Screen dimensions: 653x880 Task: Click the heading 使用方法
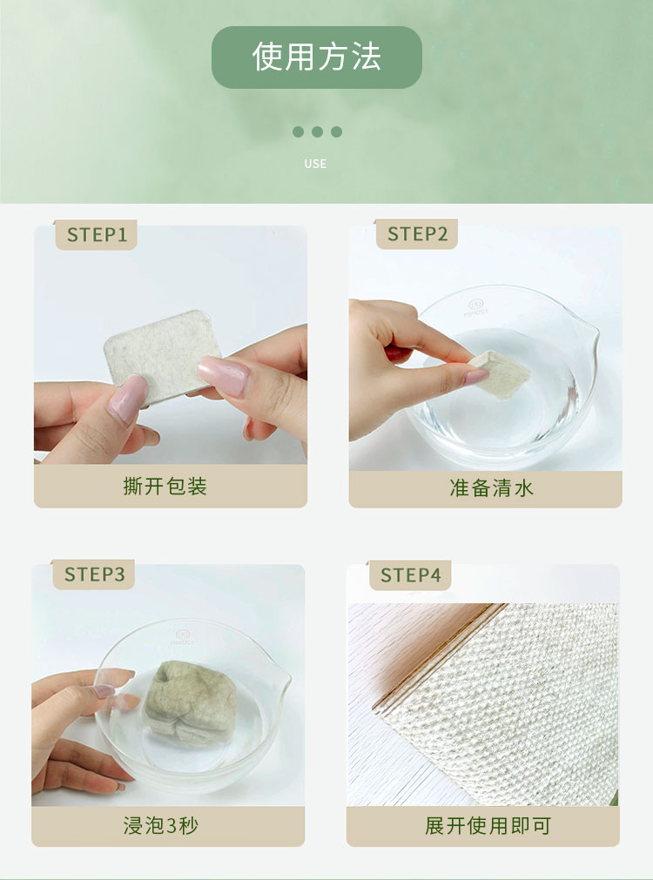[317, 57]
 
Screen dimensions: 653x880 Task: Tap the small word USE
[315, 164]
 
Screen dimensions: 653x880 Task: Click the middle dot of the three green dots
[317, 132]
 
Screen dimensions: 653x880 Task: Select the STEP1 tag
[96, 235]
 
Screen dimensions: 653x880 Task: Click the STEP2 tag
[417, 234]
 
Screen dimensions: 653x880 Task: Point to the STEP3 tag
[94, 574]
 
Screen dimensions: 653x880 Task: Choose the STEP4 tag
[410, 575]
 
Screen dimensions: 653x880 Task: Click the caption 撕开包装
[165, 486]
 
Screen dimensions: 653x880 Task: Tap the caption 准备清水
[491, 487]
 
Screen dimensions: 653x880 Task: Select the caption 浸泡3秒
[160, 825]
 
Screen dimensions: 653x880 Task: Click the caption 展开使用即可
[488, 825]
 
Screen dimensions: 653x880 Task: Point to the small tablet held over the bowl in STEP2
[501, 373]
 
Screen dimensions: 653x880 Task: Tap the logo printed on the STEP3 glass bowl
[183, 637]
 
